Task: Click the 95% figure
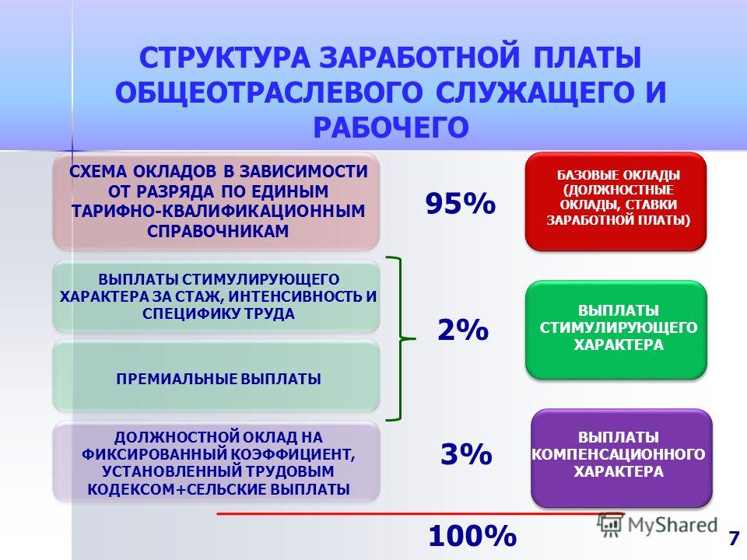(x=461, y=203)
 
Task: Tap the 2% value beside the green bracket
(x=463, y=330)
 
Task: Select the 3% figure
(x=466, y=453)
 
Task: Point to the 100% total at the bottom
(x=472, y=536)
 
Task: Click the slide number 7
(x=734, y=538)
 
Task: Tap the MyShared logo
(x=658, y=525)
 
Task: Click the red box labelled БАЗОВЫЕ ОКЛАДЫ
(x=615, y=201)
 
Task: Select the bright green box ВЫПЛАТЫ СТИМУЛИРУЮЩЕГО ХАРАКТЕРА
(x=616, y=330)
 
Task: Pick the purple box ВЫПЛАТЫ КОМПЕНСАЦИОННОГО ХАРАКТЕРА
(x=621, y=457)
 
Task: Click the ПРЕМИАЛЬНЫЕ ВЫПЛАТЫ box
(x=216, y=376)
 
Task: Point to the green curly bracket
(x=402, y=339)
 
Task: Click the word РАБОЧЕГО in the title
(x=391, y=128)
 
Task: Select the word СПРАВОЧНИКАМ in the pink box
(x=218, y=231)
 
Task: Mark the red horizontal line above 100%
(x=420, y=514)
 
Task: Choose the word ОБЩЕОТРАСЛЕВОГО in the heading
(x=268, y=93)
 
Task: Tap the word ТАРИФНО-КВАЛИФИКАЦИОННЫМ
(x=218, y=211)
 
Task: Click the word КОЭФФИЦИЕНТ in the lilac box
(x=293, y=454)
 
